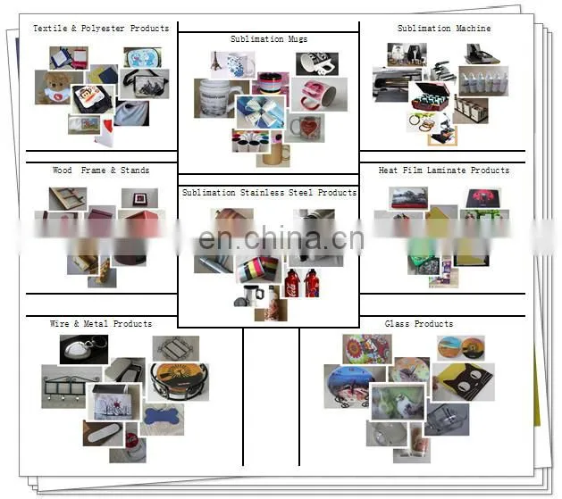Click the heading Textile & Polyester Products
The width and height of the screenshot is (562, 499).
click(x=101, y=29)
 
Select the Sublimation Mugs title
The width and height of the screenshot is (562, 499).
click(x=269, y=39)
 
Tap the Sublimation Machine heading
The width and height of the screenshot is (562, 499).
click(x=444, y=29)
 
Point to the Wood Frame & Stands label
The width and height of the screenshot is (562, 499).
click(x=101, y=170)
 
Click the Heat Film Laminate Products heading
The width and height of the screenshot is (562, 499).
click(x=444, y=170)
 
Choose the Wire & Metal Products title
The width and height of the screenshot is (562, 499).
click(x=101, y=324)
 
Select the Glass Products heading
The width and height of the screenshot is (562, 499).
click(x=419, y=324)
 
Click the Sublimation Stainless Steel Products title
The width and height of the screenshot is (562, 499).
click(x=269, y=193)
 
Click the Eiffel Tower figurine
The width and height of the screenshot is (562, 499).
click(x=216, y=62)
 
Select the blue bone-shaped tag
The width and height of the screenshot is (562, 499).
click(x=162, y=418)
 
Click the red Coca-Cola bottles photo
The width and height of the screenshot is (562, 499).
click(x=302, y=283)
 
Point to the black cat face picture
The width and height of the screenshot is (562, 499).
click(x=464, y=382)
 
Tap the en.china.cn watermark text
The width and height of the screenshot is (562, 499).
click(x=281, y=238)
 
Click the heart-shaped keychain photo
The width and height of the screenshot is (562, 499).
click(x=83, y=349)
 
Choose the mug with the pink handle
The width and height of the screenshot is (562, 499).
click(x=319, y=94)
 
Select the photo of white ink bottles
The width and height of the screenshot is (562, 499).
click(x=483, y=80)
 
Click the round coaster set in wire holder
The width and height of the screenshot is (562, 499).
click(x=179, y=382)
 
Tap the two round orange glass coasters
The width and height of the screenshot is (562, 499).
click(x=461, y=348)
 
